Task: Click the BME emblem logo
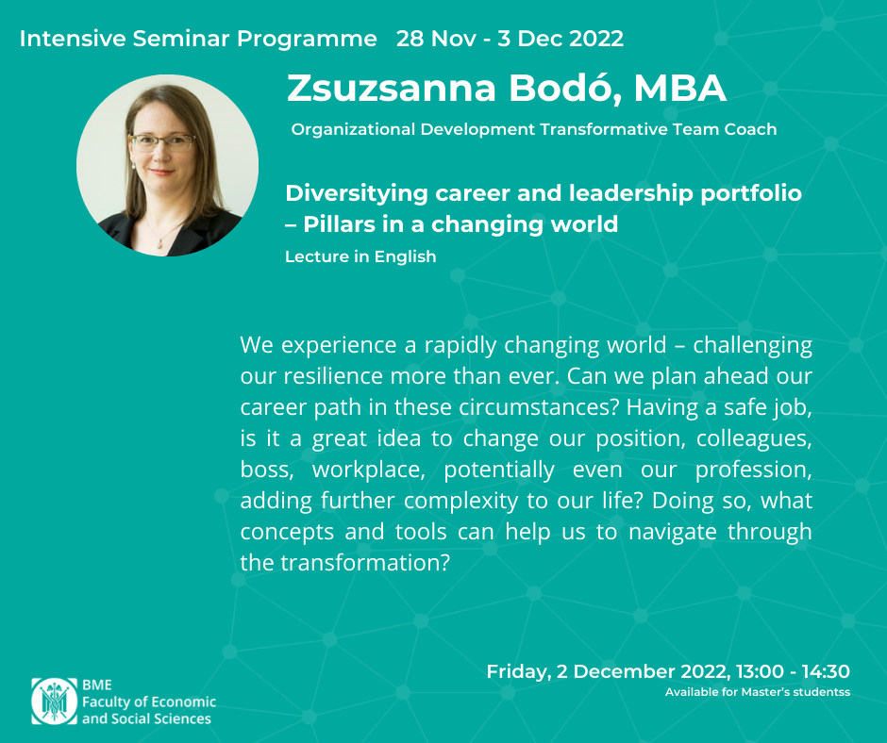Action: [x=55, y=702]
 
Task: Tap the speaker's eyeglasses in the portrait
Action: [x=162, y=142]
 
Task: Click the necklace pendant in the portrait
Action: [x=160, y=244]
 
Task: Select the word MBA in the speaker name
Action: [x=679, y=88]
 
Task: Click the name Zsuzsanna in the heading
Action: [x=392, y=88]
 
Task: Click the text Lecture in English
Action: [x=360, y=256]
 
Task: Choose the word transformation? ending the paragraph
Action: [x=365, y=563]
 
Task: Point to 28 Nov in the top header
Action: [x=436, y=39]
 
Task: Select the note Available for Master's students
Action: [x=758, y=692]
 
